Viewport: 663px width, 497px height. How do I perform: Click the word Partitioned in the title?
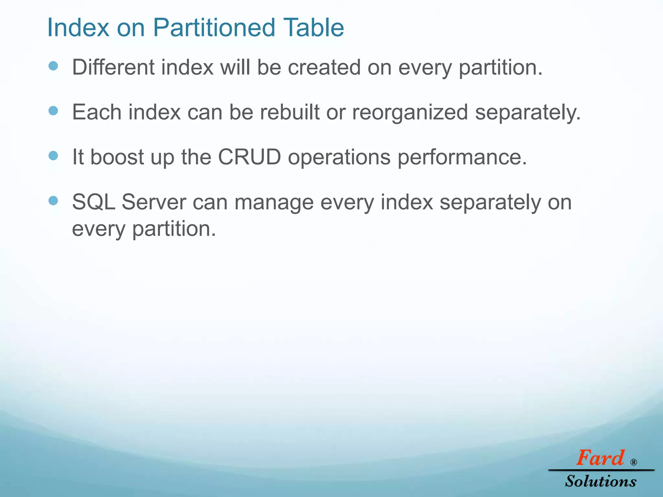[214, 28]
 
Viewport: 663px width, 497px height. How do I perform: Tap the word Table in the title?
[313, 28]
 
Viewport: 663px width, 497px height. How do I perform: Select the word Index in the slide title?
[78, 28]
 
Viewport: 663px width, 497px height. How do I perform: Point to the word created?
[324, 68]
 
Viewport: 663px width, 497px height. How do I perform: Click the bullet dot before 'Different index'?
[53, 66]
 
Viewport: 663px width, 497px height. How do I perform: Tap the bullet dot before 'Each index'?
[53, 111]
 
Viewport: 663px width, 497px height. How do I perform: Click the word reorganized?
[410, 113]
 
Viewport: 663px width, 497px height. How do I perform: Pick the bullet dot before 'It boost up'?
[53, 156]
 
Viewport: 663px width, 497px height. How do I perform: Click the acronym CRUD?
[250, 157]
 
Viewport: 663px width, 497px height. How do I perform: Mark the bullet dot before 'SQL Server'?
[53, 201]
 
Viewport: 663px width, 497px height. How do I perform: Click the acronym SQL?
[94, 202]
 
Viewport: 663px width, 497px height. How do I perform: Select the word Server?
[154, 202]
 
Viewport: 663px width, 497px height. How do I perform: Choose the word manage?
[274, 204]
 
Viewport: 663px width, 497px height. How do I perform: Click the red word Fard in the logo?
[600, 458]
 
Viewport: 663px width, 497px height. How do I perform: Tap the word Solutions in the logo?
[601, 481]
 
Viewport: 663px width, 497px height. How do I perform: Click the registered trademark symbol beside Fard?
[634, 462]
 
